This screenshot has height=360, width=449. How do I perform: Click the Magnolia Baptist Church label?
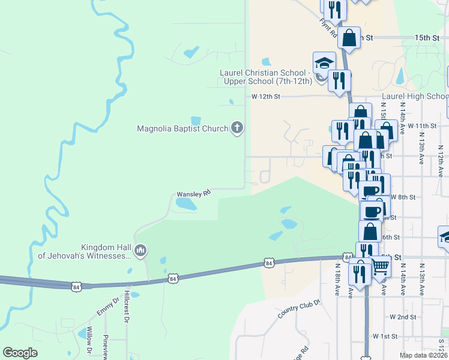[x=182, y=128]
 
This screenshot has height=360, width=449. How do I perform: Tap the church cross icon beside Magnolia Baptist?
[x=237, y=127]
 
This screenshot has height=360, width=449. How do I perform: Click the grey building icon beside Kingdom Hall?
[x=140, y=250]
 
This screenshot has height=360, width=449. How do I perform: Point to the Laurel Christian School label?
[x=265, y=77]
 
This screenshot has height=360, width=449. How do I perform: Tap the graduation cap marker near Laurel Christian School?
[x=324, y=64]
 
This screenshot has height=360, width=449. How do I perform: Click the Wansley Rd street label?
[x=193, y=194]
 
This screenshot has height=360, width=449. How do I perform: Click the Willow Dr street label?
[x=89, y=340]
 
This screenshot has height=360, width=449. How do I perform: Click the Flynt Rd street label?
[x=328, y=27]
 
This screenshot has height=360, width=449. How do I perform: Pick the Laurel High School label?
[x=415, y=97]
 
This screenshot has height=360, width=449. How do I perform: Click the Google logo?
[x=20, y=353]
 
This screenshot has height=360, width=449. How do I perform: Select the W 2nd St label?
[x=403, y=317]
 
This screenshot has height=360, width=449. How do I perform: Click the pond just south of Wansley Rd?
[x=185, y=205]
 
